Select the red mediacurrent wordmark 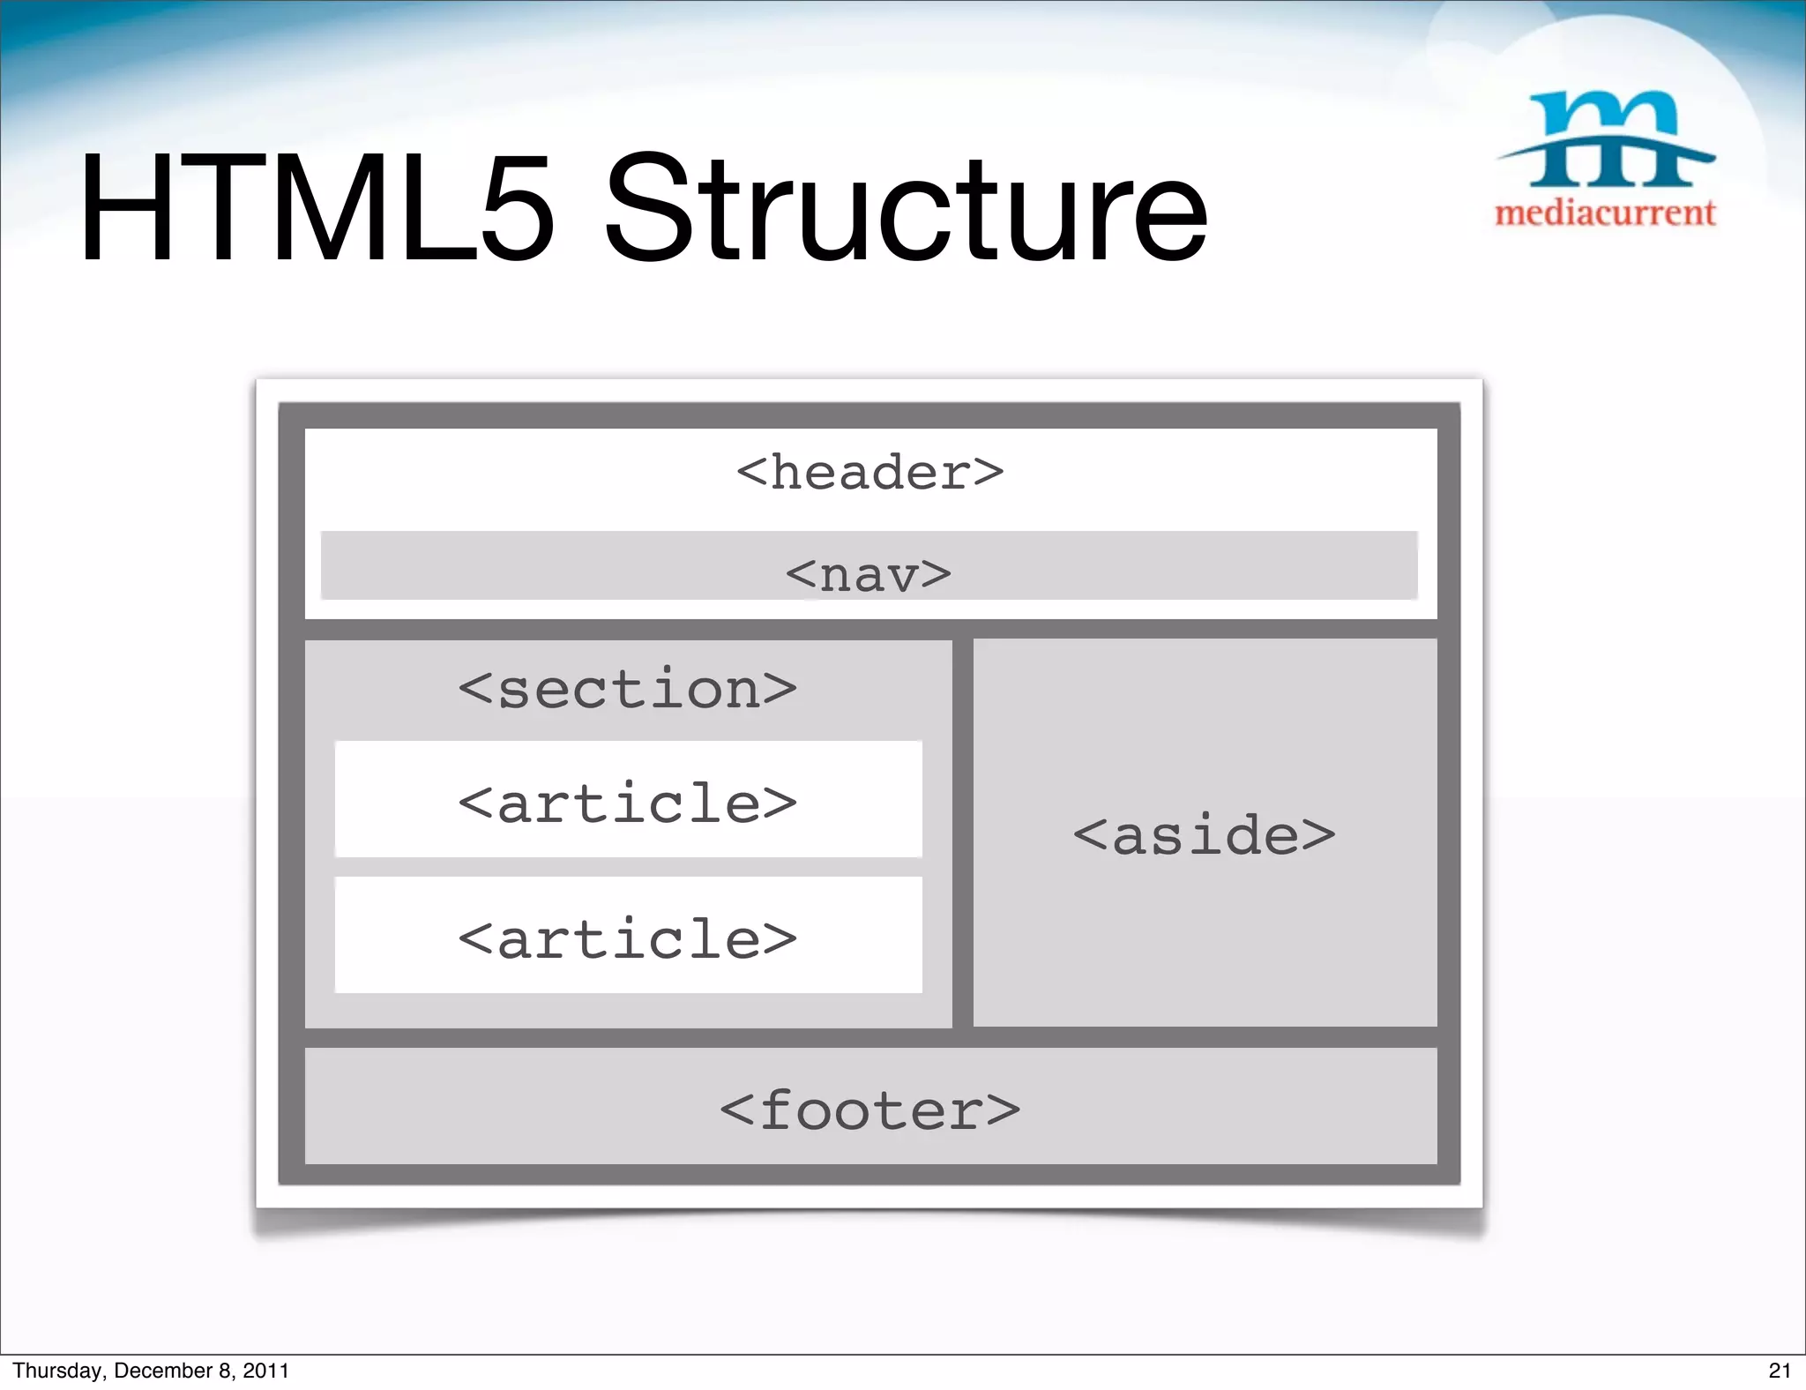coord(1605,213)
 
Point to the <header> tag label coord(869,473)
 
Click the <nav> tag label coord(869,574)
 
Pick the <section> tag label coord(627,689)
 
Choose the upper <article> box coord(628,800)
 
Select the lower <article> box coord(628,936)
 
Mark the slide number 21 coord(1780,1371)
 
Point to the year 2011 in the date coord(265,1371)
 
